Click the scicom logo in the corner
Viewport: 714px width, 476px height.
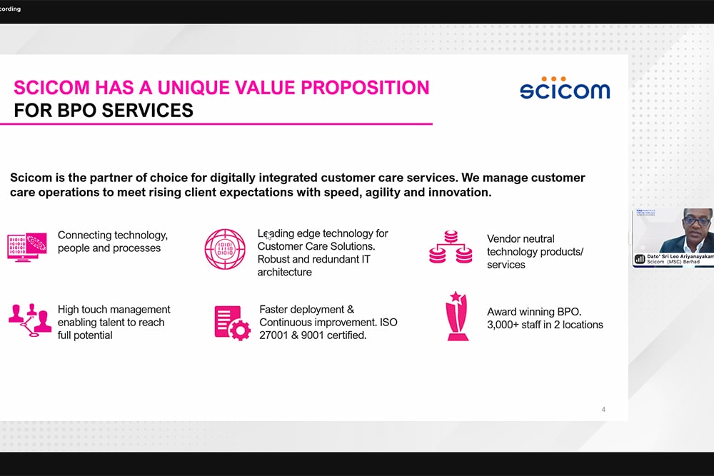click(x=565, y=88)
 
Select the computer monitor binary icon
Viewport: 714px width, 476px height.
click(x=27, y=247)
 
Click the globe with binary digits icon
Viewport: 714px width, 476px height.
click(x=225, y=249)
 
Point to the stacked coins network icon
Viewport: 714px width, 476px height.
click(x=451, y=247)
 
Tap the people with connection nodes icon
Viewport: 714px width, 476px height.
click(x=29, y=320)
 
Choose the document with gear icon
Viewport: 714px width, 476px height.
click(x=232, y=323)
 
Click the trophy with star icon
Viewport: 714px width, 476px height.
click(x=457, y=316)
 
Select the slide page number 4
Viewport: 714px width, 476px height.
click(x=603, y=410)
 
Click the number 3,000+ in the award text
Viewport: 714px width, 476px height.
click(x=503, y=325)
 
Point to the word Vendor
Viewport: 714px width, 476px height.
click(x=503, y=239)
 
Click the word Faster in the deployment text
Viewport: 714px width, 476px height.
click(x=273, y=310)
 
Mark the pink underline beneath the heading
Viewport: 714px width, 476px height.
click(x=216, y=123)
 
